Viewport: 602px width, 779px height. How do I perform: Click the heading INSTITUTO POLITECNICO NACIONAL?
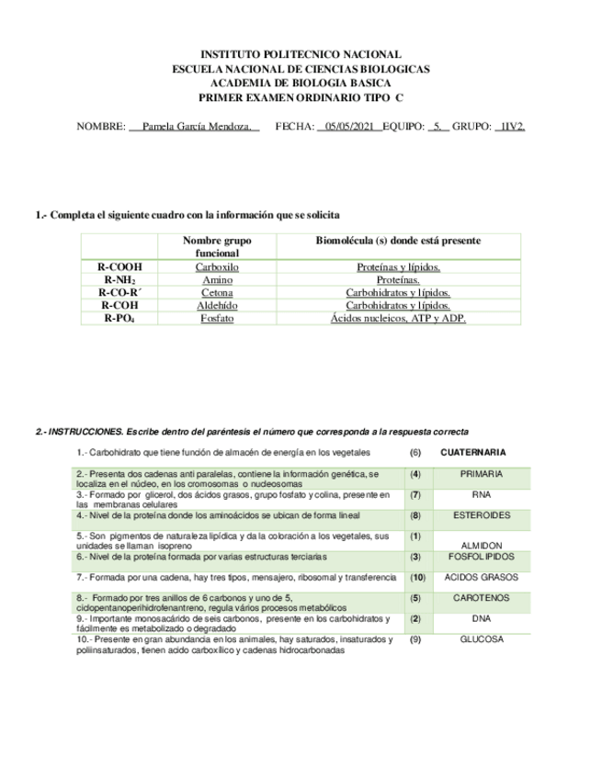click(x=301, y=55)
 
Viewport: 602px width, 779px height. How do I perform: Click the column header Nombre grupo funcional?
click(x=217, y=246)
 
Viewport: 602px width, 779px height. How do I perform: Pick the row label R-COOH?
click(x=120, y=267)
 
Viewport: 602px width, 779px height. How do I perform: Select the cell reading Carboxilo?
click(x=217, y=267)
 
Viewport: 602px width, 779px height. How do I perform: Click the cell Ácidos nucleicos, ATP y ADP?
click(x=398, y=318)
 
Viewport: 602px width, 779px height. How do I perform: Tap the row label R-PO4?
click(x=120, y=318)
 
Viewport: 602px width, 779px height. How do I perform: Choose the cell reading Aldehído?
click(x=217, y=305)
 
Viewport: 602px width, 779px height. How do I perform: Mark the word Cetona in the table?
click(x=217, y=292)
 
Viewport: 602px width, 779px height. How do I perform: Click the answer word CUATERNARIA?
click(x=473, y=453)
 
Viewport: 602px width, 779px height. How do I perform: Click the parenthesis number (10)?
click(x=416, y=578)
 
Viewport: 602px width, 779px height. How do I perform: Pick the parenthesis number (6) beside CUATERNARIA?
click(x=415, y=453)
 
